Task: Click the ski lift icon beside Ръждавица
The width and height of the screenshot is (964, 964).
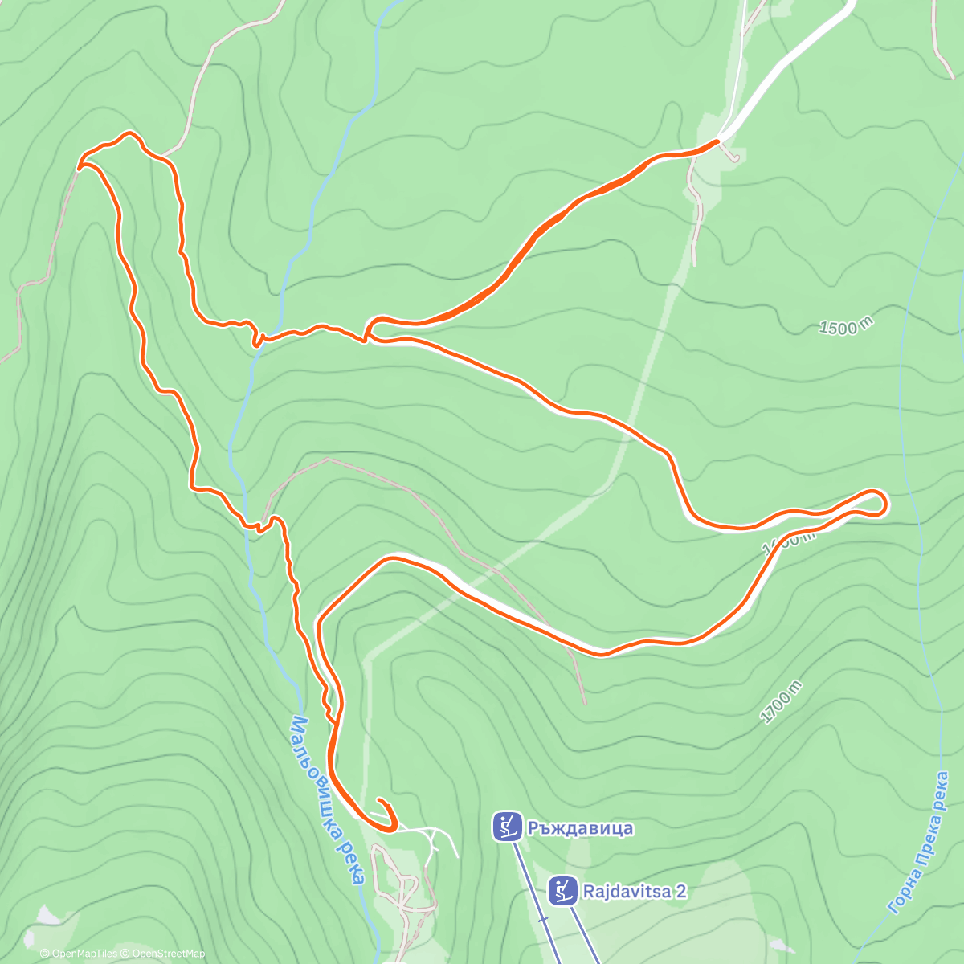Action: tap(506, 827)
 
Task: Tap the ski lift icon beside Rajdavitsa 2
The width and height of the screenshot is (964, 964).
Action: tap(563, 890)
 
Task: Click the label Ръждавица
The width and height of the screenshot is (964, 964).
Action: tap(580, 827)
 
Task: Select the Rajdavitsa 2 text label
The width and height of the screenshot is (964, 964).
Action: tap(635, 891)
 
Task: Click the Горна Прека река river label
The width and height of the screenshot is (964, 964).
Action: tap(921, 843)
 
